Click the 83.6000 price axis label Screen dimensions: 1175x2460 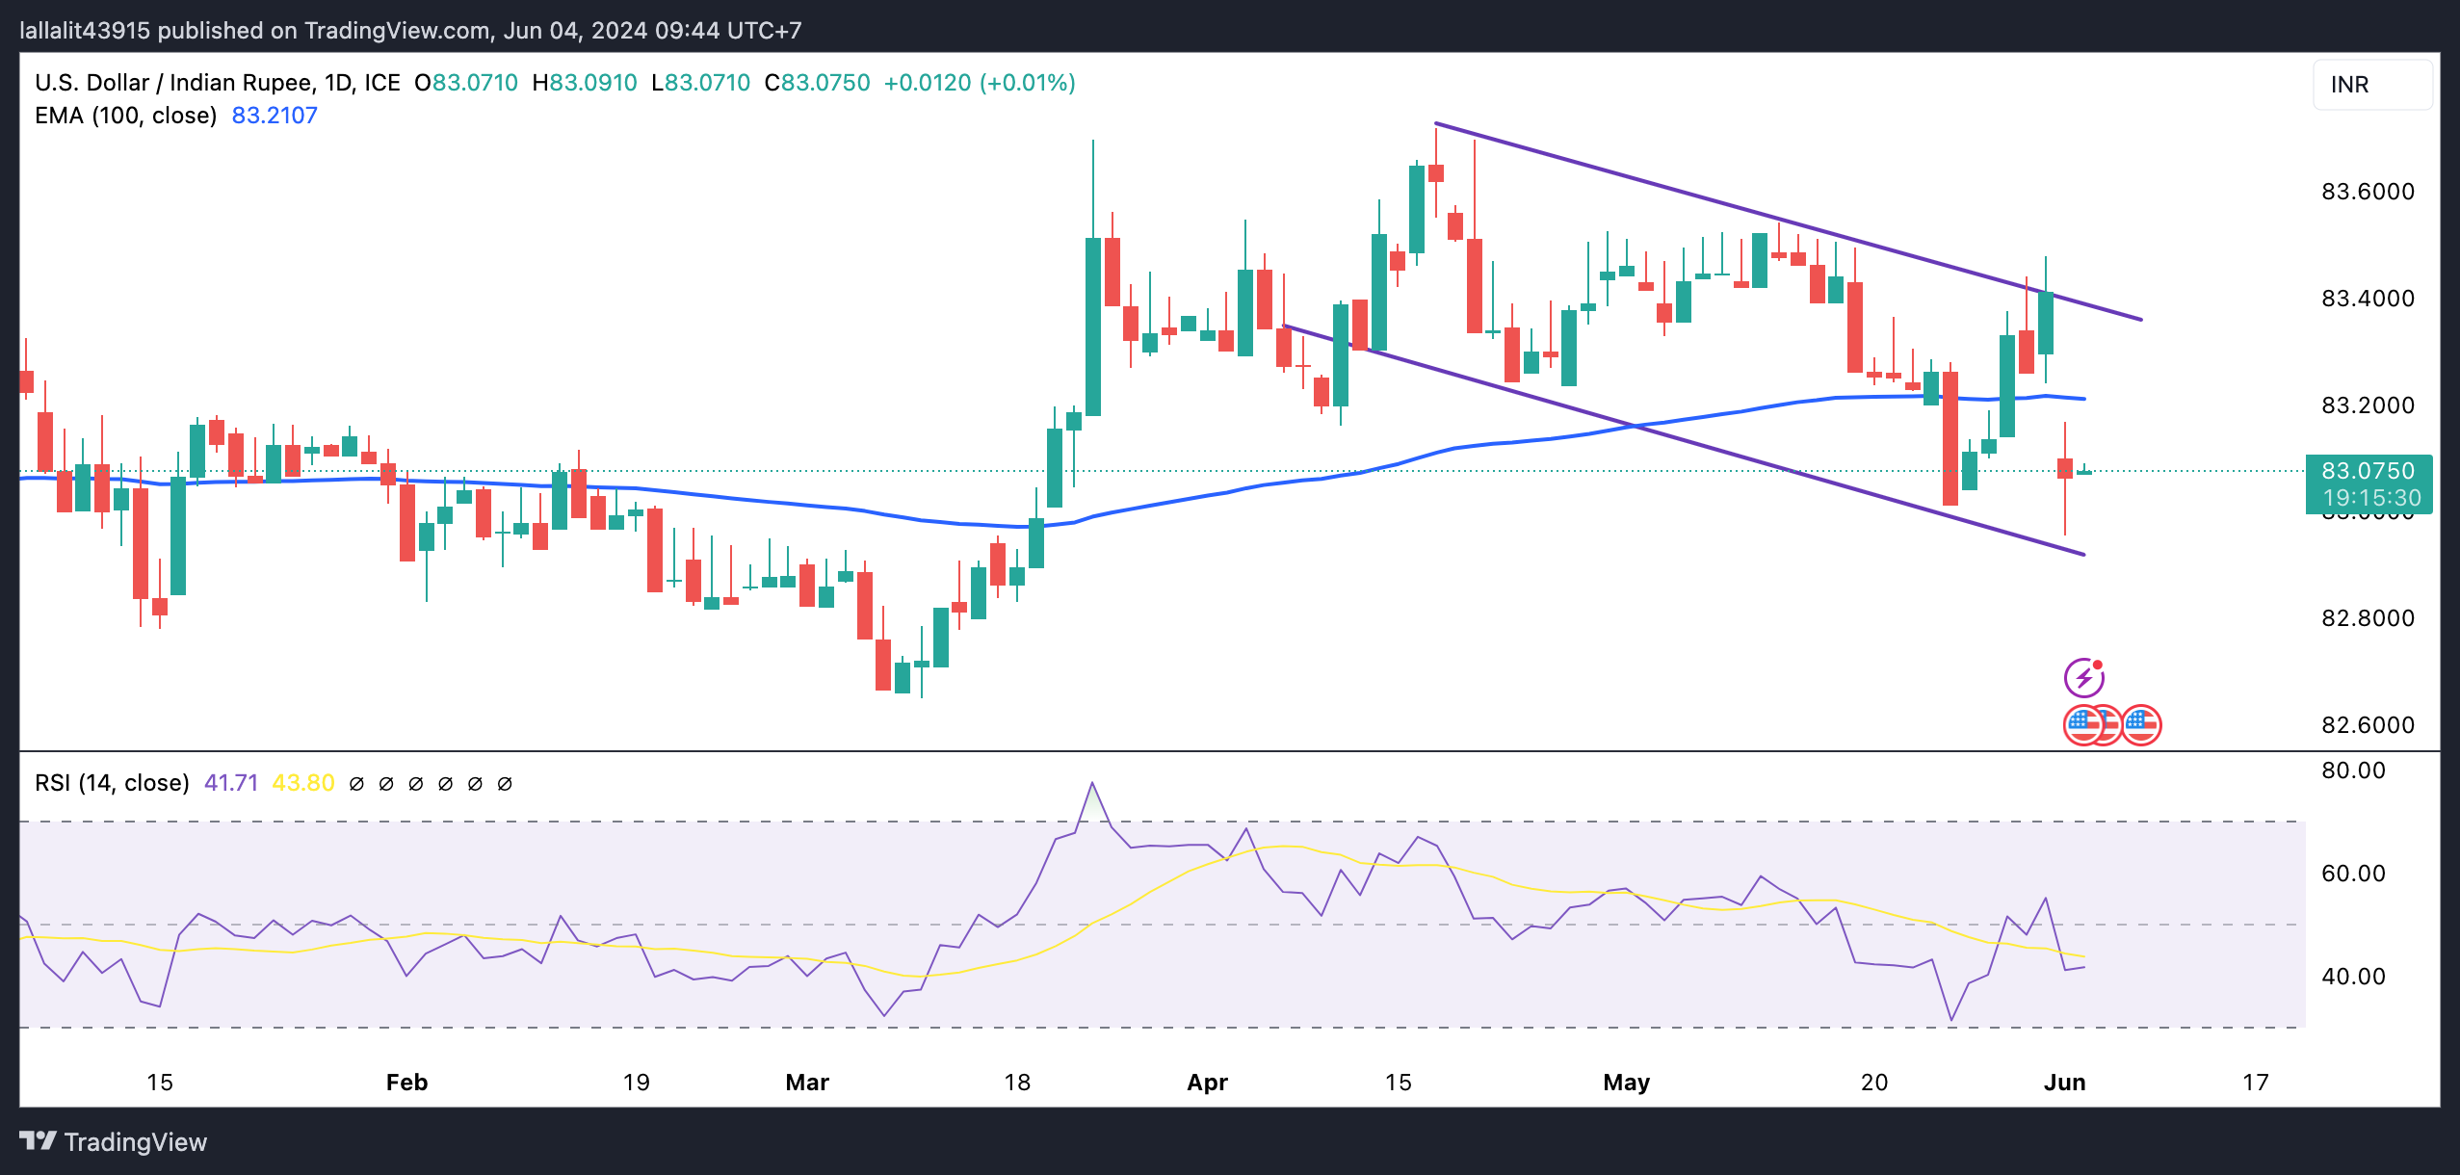[x=2367, y=192]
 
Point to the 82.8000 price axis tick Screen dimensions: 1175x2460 [x=2367, y=618]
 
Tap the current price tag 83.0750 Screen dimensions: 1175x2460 [x=2368, y=471]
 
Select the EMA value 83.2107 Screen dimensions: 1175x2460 [x=275, y=116]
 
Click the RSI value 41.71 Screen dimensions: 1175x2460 [x=231, y=783]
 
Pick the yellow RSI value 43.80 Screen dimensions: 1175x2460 [x=303, y=783]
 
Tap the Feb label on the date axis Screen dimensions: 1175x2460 [x=406, y=1083]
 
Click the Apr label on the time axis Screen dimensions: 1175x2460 [x=1207, y=1083]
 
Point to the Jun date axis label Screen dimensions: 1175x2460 [x=2064, y=1083]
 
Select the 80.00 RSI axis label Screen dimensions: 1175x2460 [x=2353, y=770]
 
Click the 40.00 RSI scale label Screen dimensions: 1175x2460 [x=2353, y=977]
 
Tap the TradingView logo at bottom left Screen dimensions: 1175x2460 [x=114, y=1142]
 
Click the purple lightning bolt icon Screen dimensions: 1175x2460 [x=2083, y=678]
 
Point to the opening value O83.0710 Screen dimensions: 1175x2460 [x=466, y=83]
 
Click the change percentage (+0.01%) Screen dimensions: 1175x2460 [x=1027, y=83]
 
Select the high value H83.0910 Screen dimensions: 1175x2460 [x=585, y=83]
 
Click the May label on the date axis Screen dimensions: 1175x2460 [x=1626, y=1083]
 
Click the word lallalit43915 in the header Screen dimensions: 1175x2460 [x=85, y=31]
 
